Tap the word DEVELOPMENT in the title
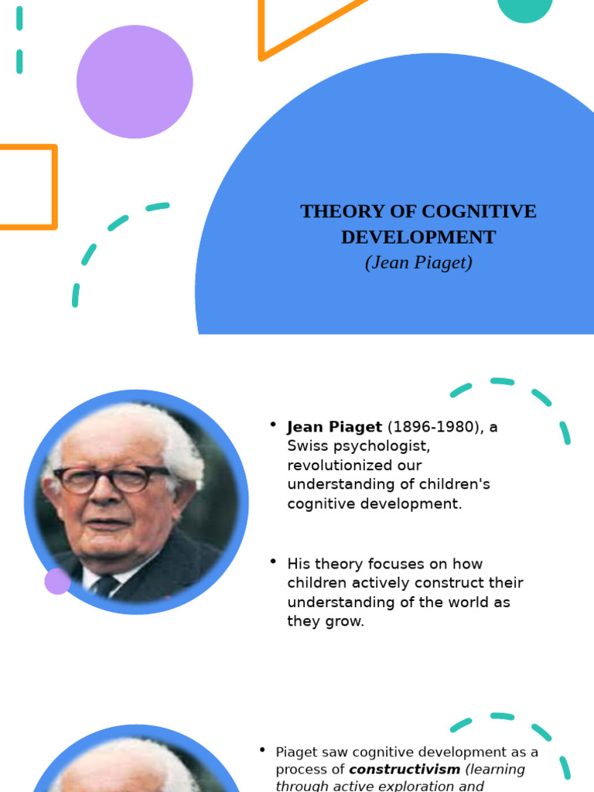418,237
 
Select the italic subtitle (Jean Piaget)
418,263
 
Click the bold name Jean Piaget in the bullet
334,427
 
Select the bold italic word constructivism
404,770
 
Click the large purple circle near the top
135,81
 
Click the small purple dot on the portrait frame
57,581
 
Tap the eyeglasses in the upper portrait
112,478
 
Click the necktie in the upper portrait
104,585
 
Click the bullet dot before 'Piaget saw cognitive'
261,749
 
